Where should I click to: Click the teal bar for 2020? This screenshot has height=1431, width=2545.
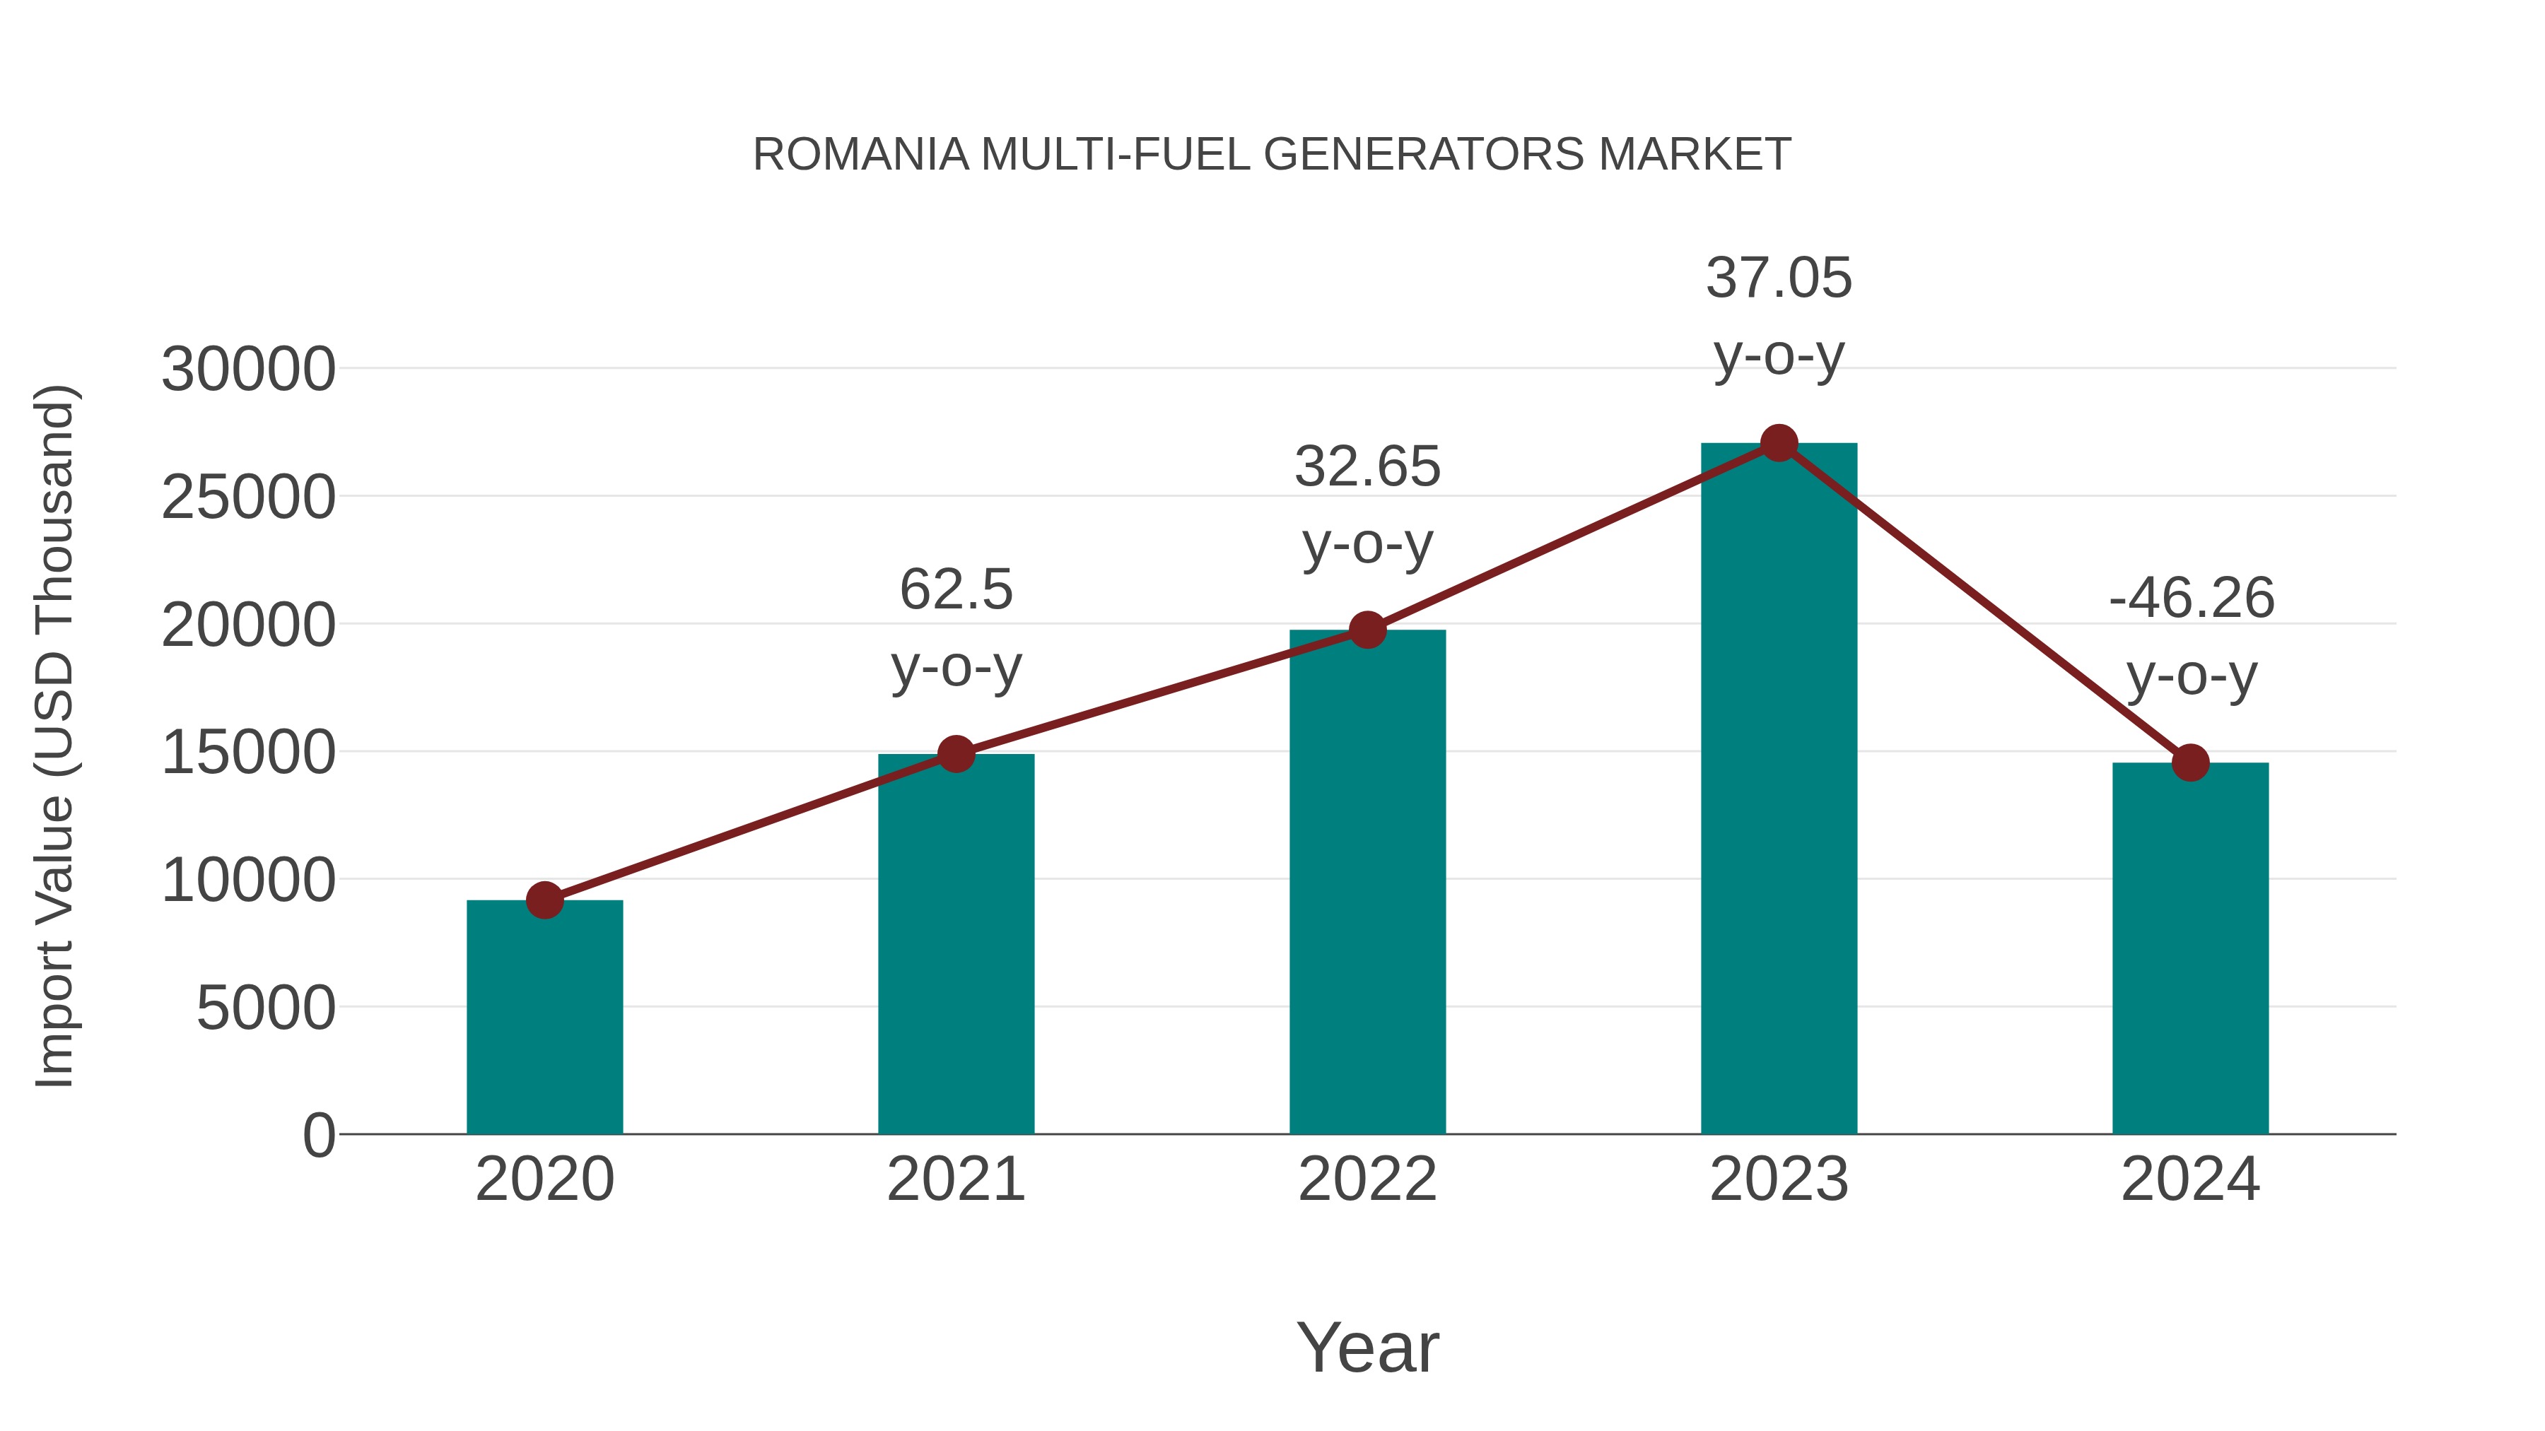544,1017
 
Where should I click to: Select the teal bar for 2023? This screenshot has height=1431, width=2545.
1779,790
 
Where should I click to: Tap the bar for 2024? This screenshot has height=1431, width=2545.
2190,948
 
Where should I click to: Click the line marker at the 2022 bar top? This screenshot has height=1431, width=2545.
1367,630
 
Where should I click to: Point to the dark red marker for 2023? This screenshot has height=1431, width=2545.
1779,443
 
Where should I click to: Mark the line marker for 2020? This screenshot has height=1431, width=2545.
544,900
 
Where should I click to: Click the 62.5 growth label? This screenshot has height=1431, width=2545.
956,589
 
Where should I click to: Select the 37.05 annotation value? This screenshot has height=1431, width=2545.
1779,278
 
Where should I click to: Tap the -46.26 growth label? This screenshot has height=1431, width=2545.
2192,599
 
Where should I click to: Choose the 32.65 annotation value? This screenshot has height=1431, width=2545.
1367,466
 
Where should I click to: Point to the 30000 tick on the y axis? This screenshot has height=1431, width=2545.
248,370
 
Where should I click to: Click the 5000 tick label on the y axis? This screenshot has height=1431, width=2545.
266,1008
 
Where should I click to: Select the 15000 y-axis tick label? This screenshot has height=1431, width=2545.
248,753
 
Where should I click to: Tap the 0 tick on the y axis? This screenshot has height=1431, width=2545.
318,1136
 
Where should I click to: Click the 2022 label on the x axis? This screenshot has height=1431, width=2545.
1367,1179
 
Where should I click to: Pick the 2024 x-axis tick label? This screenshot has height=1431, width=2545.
2190,1179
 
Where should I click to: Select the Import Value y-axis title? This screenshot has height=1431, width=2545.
54,736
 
